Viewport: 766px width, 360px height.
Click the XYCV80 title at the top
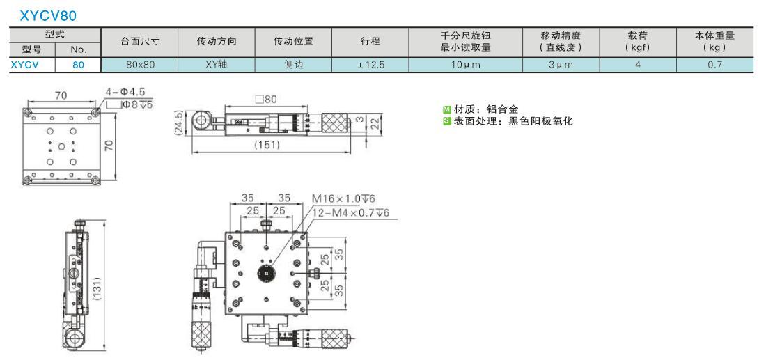[x=48, y=16]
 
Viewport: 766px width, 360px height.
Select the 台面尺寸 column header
[x=140, y=42]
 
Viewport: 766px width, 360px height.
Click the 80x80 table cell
[x=140, y=65]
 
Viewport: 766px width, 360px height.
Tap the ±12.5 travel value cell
[x=370, y=65]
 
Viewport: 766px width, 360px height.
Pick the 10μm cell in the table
[x=466, y=65]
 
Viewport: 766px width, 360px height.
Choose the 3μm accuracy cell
[x=561, y=65]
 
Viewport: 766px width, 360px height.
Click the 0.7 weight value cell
[x=714, y=65]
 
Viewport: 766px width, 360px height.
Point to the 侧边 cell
[x=294, y=65]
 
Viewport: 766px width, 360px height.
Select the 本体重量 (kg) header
[x=714, y=42]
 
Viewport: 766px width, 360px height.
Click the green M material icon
[x=447, y=109]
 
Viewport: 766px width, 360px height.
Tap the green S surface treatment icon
[x=447, y=120]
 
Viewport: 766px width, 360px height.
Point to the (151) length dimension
[x=266, y=145]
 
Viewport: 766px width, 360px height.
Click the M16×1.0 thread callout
[x=343, y=198]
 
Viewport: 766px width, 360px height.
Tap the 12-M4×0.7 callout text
[x=350, y=212]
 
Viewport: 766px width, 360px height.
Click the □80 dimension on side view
[x=266, y=99]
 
